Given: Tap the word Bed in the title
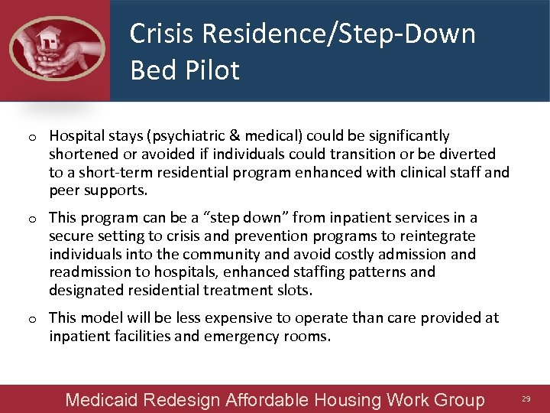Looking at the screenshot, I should [148, 70].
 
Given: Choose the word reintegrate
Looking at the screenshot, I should [433, 236].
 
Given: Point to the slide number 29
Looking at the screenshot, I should [526, 399].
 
